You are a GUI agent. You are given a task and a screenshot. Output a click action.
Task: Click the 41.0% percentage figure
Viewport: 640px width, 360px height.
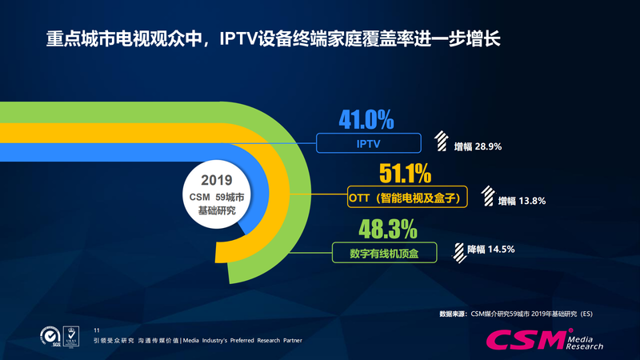[366, 120]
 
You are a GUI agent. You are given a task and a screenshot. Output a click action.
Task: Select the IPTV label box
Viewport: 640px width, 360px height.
[369, 143]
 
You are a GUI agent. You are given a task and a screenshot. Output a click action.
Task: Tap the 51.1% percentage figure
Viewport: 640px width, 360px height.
[405, 174]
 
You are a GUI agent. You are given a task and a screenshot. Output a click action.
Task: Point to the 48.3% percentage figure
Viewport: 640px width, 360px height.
[388, 230]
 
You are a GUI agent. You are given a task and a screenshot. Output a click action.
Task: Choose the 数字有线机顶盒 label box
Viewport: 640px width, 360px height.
[385, 253]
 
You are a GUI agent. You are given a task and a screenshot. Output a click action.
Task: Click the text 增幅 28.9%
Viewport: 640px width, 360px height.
[478, 147]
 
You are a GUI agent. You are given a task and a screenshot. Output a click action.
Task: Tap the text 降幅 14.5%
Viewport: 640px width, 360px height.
[490, 250]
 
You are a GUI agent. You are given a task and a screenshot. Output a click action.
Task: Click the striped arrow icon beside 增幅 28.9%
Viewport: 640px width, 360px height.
[442, 142]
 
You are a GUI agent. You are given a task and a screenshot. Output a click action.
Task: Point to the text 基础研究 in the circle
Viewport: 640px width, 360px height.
[215, 209]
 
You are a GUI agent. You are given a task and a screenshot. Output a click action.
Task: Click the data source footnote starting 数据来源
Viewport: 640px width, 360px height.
[516, 314]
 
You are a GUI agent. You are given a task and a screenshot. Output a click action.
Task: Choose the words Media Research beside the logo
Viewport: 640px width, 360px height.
[586, 342]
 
